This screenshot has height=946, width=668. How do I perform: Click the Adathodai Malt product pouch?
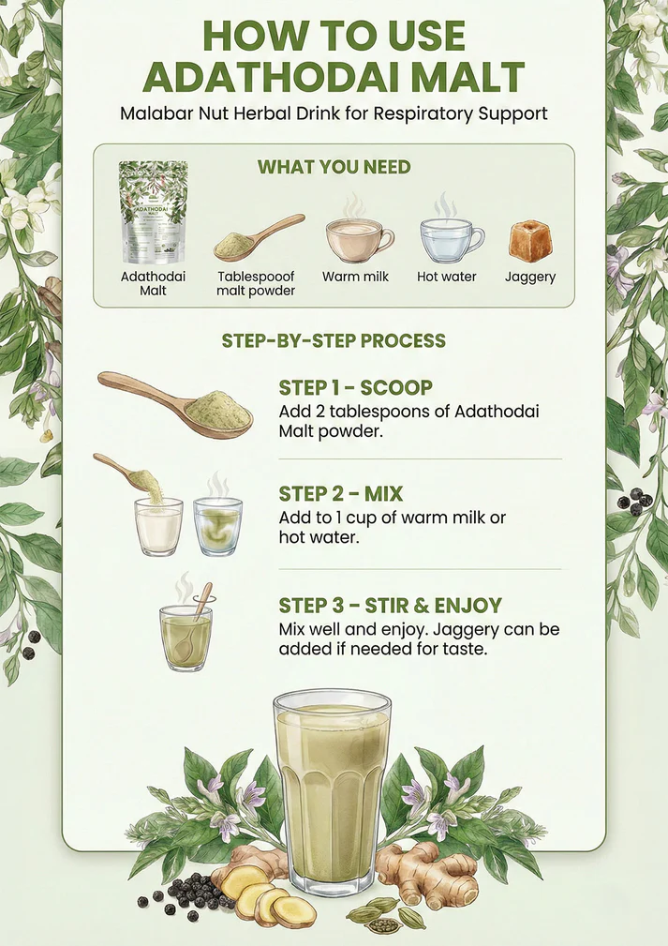click(x=153, y=212)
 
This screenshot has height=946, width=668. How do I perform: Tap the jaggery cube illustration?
click(x=530, y=241)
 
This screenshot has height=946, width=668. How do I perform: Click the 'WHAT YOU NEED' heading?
click(x=334, y=167)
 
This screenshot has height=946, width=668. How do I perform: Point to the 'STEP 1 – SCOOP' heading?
click(x=356, y=387)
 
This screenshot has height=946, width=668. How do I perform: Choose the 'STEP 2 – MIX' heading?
click(x=341, y=494)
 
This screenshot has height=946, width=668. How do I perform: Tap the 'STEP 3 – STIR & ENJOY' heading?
click(x=390, y=605)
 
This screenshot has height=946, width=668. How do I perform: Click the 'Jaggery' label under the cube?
click(x=530, y=278)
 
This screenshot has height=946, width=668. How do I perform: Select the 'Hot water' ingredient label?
click(x=447, y=277)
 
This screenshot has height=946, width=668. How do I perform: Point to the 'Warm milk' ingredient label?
click(x=356, y=277)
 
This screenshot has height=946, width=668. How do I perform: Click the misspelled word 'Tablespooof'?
click(x=256, y=277)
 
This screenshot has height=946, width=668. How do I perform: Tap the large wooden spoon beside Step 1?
click(x=176, y=403)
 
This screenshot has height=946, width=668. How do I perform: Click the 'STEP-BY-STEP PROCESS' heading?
click(x=334, y=341)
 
